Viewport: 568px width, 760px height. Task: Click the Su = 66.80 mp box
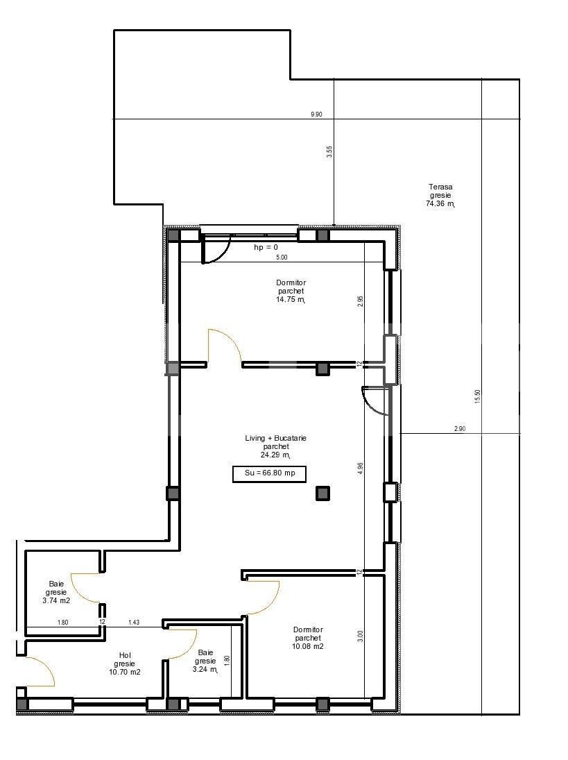tap(268, 475)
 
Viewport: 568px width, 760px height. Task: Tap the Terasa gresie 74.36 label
tap(440, 196)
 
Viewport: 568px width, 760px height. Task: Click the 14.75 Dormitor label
tap(291, 292)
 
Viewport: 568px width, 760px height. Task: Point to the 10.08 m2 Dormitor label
tap(308, 638)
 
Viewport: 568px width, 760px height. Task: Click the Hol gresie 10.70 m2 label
tap(125, 664)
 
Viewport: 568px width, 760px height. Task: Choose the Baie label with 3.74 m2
tap(57, 592)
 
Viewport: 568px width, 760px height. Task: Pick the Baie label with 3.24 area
tap(206, 661)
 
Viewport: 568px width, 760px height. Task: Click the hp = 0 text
tap(266, 247)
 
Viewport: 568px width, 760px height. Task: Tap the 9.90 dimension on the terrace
tap(316, 115)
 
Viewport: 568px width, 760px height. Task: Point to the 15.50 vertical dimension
tap(477, 396)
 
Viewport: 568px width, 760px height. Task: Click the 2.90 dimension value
tap(459, 429)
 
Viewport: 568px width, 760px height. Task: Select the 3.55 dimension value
tap(329, 152)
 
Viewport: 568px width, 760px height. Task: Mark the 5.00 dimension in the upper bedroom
tap(282, 257)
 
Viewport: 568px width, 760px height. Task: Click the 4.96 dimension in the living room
tap(360, 468)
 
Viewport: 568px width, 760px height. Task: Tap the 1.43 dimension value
tap(133, 623)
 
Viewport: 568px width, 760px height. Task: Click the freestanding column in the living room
tap(322, 493)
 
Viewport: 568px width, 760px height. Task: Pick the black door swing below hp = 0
tap(216, 251)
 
